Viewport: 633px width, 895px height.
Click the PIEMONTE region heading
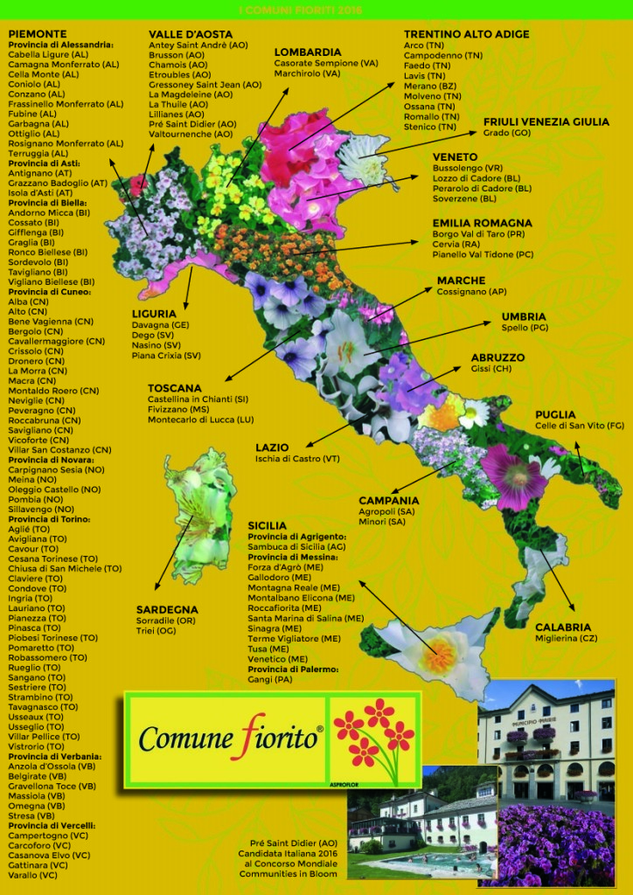[x=38, y=34]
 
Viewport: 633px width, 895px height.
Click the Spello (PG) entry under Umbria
[x=525, y=327]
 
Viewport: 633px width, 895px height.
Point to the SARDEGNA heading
[x=167, y=609]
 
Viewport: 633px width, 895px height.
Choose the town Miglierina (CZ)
[x=566, y=638]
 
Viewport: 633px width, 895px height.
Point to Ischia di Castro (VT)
[x=297, y=458]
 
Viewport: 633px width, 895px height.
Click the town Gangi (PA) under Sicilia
[x=271, y=679]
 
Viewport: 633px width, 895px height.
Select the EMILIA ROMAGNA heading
[x=482, y=223]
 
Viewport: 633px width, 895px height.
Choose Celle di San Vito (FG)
[x=580, y=425]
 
